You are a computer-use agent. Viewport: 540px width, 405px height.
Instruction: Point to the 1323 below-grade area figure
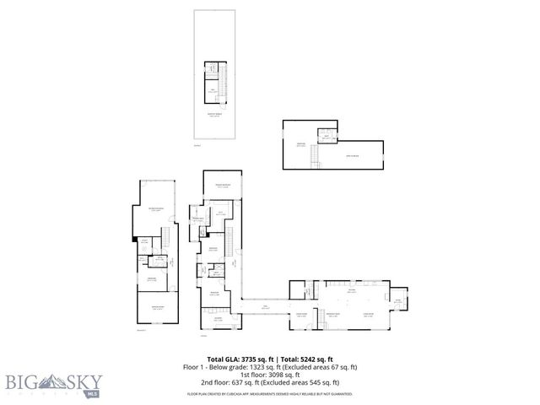pos(253,367)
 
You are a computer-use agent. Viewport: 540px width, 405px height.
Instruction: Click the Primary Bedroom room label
pos(223,185)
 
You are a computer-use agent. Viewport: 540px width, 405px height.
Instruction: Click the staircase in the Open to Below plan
pos(316,155)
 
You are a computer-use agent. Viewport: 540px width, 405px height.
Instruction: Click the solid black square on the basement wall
pos(133,240)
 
